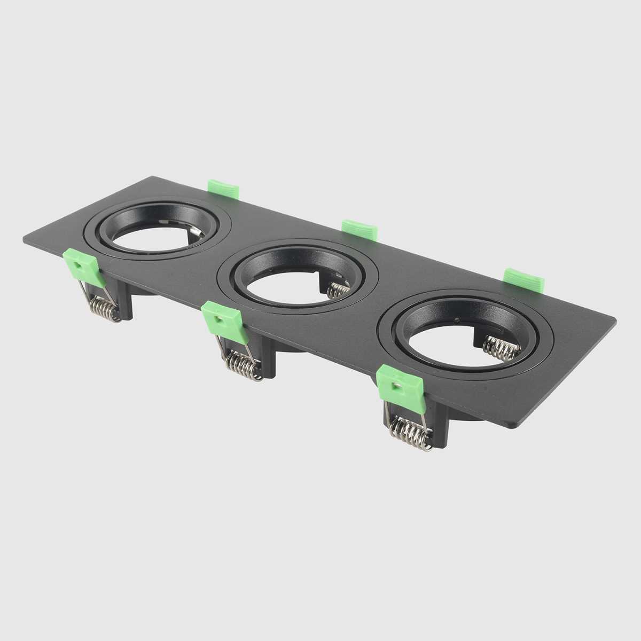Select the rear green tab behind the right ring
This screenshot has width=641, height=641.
tap(523, 278)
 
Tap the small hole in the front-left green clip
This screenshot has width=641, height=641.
tap(79, 263)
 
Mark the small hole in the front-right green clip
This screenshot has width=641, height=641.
tap(395, 384)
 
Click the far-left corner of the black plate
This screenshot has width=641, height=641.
tap(24, 241)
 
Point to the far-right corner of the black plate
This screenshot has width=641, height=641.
tap(615, 321)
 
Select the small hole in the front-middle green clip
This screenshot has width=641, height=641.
tap(219, 319)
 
